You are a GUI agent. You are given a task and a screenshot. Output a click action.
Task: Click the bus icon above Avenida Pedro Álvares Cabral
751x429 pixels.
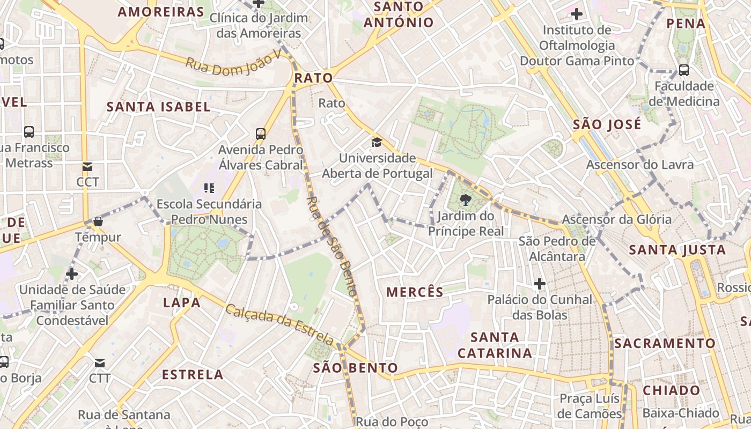[261, 134]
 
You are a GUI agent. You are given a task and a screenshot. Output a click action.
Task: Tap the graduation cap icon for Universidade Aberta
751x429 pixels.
[377, 142]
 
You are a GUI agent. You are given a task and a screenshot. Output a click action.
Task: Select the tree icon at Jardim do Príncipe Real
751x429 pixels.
[466, 201]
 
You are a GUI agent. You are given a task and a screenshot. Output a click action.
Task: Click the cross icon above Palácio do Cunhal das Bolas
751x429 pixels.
[540, 283]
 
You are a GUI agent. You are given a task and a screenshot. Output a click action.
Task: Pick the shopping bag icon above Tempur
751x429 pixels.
[98, 221]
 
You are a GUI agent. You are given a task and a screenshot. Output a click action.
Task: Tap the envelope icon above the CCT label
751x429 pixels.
[87, 167]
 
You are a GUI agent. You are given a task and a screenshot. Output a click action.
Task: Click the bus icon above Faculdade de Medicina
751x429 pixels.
[684, 70]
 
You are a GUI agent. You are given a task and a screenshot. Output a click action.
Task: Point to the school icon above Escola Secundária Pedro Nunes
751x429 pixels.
[209, 188]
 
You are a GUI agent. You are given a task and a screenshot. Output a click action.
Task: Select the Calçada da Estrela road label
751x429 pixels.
[279, 324]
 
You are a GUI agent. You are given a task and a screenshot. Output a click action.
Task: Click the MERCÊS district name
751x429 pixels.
[415, 292]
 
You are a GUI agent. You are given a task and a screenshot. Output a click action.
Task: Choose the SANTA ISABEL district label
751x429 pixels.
[158, 106]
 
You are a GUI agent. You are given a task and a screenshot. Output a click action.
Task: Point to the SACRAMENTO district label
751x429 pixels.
[665, 343]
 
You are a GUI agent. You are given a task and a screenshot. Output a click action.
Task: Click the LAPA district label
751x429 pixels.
[182, 302]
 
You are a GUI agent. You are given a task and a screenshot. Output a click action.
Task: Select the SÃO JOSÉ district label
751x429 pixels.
[607, 124]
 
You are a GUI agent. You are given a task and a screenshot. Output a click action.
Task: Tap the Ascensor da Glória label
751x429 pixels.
[616, 219]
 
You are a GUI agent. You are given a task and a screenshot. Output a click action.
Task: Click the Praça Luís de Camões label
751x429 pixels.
[589, 406]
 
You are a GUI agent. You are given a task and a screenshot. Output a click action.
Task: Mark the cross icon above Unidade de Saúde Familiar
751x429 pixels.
[71, 274]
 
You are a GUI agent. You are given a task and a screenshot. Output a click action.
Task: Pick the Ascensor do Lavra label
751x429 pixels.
[639, 164]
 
